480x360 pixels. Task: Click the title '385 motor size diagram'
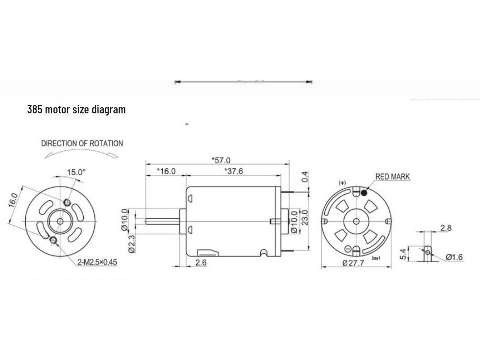coord(76,109)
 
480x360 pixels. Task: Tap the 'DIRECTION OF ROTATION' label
coord(82,143)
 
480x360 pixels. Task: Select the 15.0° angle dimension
coord(76,172)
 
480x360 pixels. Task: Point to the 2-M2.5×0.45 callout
coord(97,262)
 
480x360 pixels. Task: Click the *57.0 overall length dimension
coord(221,160)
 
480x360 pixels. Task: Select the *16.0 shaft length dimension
coord(166,171)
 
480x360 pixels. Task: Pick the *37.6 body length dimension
coord(234,171)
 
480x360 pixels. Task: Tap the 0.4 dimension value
coord(305,177)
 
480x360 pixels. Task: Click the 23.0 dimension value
coord(304,217)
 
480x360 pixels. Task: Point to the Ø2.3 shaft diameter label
coord(132,244)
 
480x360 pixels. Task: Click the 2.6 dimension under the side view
coord(201,263)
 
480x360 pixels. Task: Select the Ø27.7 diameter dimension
coord(353,263)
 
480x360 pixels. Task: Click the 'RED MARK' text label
coord(392,177)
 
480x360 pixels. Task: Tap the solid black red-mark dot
coord(364,193)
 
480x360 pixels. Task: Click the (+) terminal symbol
coord(342,183)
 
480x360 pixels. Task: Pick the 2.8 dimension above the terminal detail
coord(446,228)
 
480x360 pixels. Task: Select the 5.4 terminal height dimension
coord(403,254)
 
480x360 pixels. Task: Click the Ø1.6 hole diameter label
coord(454,257)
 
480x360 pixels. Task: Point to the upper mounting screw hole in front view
coord(67,202)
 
